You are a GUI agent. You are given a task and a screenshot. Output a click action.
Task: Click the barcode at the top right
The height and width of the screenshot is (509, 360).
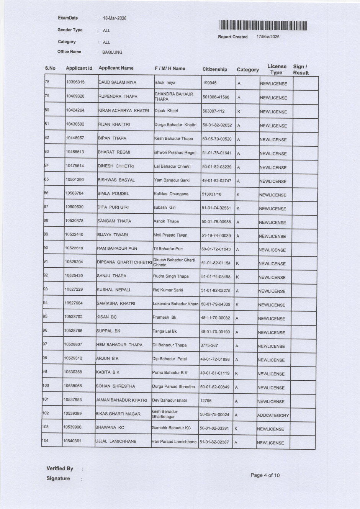[263, 26]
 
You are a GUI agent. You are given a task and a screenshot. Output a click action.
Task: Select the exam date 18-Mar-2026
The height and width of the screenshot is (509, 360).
[115, 18]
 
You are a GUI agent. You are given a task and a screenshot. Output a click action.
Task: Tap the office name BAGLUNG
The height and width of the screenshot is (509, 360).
[112, 52]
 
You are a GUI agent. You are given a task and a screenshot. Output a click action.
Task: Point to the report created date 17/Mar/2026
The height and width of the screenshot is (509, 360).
[268, 37]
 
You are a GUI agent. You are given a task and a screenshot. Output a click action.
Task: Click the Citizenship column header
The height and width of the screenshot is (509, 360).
[214, 69]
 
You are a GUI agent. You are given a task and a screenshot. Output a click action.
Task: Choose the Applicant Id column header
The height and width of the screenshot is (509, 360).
[79, 68]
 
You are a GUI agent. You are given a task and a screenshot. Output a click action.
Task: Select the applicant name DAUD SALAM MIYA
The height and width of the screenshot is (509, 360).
[117, 82]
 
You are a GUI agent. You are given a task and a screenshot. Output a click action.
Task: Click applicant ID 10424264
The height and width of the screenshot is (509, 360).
[75, 110]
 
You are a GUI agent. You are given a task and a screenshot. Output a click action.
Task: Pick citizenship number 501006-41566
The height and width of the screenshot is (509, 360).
[216, 97]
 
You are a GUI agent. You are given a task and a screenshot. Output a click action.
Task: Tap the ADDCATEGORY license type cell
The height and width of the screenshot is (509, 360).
[273, 415]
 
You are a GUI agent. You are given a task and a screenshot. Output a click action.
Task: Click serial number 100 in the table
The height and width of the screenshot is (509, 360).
[46, 385]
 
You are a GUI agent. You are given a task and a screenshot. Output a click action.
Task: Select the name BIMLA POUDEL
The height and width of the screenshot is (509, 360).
[113, 193]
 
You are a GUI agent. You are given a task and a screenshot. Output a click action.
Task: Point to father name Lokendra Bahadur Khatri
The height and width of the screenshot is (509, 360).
[175, 304]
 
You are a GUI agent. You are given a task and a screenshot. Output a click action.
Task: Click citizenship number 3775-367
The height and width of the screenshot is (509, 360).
[209, 345]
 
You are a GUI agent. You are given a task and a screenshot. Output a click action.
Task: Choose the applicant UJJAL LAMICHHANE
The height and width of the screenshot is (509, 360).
[116, 441]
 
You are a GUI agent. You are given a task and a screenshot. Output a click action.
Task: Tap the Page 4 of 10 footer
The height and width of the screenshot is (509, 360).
[265, 475]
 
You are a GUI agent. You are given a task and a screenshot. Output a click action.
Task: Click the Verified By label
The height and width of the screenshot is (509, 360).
[60, 468]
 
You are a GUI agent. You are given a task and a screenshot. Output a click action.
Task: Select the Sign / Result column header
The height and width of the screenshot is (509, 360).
[301, 70]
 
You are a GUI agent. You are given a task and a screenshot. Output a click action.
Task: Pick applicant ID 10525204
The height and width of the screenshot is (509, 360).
[74, 262]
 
